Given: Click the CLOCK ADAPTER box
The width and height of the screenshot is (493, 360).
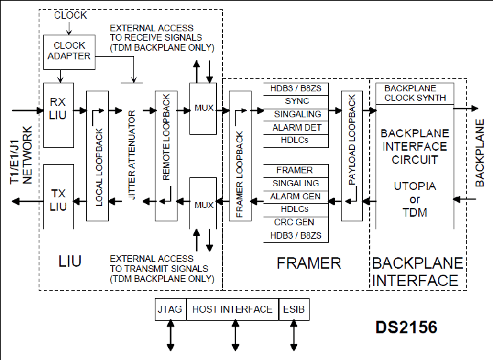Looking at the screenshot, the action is tap(69, 52).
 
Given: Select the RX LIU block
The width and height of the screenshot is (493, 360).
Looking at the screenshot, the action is tap(59, 115).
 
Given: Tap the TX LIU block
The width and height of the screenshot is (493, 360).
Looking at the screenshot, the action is tap(59, 197).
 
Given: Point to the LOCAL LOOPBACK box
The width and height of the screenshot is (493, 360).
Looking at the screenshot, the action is tap(97, 156).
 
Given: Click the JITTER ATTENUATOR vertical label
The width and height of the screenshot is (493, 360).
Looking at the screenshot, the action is tap(132, 155).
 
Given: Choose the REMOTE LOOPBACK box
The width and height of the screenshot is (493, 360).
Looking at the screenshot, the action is tap(166, 156).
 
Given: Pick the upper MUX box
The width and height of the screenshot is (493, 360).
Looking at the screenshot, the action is tap(203, 109).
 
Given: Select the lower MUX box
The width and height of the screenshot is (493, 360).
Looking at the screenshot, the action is tap(203, 203).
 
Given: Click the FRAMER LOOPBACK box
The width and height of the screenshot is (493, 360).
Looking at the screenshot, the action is tap(240, 156).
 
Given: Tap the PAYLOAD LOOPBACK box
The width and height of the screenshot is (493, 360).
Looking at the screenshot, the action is tap(352, 156).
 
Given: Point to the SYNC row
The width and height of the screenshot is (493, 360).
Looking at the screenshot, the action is tap(296, 102).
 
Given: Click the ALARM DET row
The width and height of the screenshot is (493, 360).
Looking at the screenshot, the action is tap(296, 128).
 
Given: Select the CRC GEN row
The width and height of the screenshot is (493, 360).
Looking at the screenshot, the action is tap(296, 223).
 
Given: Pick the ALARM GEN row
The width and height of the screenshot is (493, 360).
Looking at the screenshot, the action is tap(296, 197).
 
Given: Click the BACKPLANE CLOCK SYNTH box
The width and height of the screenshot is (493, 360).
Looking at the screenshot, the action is tap(415, 93).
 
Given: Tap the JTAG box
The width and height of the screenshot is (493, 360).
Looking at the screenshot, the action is tap(171, 309).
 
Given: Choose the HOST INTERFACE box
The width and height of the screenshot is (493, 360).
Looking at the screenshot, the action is tap(233, 309).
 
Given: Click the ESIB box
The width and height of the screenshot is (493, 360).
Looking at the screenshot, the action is tap(294, 309).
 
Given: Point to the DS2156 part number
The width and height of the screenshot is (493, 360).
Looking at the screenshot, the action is tap(406, 327).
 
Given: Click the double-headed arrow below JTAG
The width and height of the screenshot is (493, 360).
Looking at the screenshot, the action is tap(170, 335).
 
